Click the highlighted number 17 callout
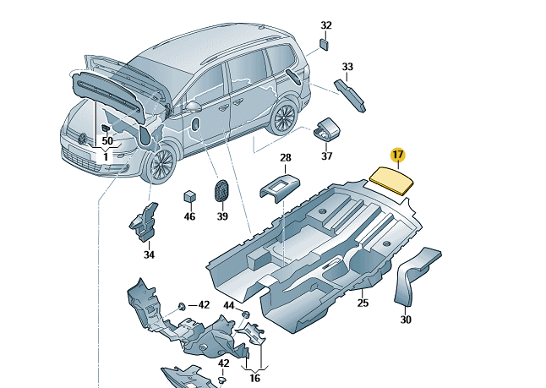[x=398, y=155]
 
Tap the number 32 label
[x=326, y=25]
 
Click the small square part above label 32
[x=325, y=44]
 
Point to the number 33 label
[x=347, y=67]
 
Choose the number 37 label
[x=327, y=156]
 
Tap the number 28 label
[x=286, y=158]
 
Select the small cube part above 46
[x=190, y=197]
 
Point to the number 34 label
[x=149, y=254]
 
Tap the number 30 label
[x=406, y=320]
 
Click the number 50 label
[x=107, y=140]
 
